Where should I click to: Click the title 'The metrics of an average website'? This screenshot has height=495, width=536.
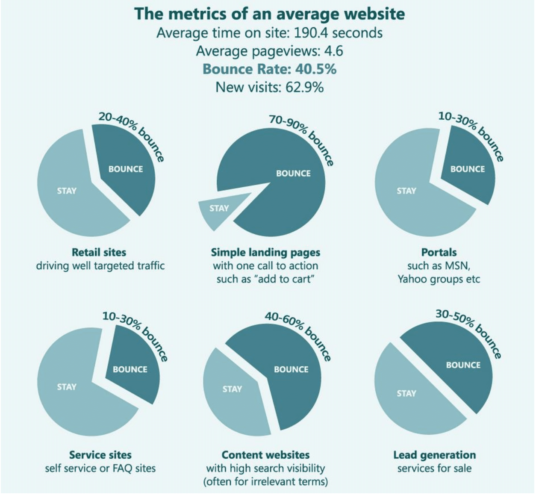[269, 14]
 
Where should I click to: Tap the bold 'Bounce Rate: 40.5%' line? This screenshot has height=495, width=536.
[269, 69]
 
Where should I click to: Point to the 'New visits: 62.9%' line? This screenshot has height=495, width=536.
[269, 87]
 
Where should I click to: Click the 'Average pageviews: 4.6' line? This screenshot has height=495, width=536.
[269, 51]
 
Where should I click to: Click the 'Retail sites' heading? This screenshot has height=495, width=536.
[99, 252]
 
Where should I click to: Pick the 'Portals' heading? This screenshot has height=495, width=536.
[439, 252]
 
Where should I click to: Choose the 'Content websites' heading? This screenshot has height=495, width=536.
[265, 455]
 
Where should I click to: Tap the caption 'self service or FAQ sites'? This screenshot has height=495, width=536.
[100, 468]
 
